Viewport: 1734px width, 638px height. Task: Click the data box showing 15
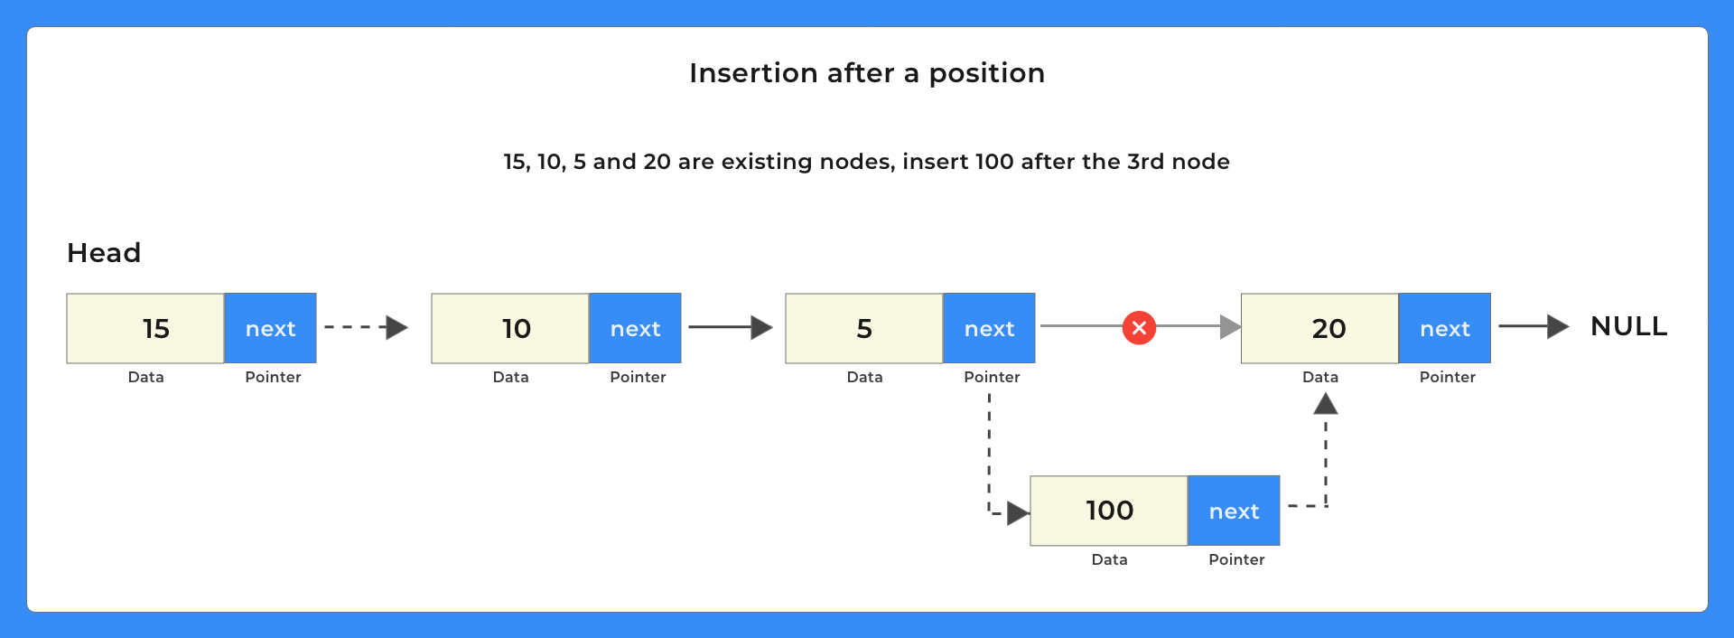click(x=145, y=328)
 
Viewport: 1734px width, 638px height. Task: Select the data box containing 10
click(x=510, y=328)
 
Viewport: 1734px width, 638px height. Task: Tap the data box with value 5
click(x=864, y=328)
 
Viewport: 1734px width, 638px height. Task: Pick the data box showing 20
click(x=1319, y=328)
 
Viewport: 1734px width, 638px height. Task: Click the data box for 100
click(x=1109, y=511)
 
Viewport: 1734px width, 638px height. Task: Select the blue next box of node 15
click(x=270, y=328)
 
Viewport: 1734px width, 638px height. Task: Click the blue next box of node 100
click(x=1234, y=511)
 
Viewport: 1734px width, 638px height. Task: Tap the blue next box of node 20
click(x=1444, y=328)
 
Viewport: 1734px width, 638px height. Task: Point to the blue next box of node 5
click(x=989, y=328)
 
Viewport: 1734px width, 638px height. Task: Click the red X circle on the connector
click(x=1139, y=327)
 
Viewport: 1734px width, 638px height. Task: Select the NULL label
click(x=1628, y=326)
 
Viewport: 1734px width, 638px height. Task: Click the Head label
click(x=104, y=253)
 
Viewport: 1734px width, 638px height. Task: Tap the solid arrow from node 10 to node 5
click(x=730, y=327)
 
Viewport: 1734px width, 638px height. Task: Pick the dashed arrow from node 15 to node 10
click(x=366, y=327)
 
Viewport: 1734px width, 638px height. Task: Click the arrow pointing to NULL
click(x=1534, y=326)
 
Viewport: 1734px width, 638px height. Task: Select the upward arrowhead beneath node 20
click(x=1325, y=404)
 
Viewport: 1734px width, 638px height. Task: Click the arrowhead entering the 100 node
click(x=1018, y=513)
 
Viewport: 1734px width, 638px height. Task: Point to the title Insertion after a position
click(x=867, y=73)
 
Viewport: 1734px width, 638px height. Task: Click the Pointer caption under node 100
click(x=1236, y=559)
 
